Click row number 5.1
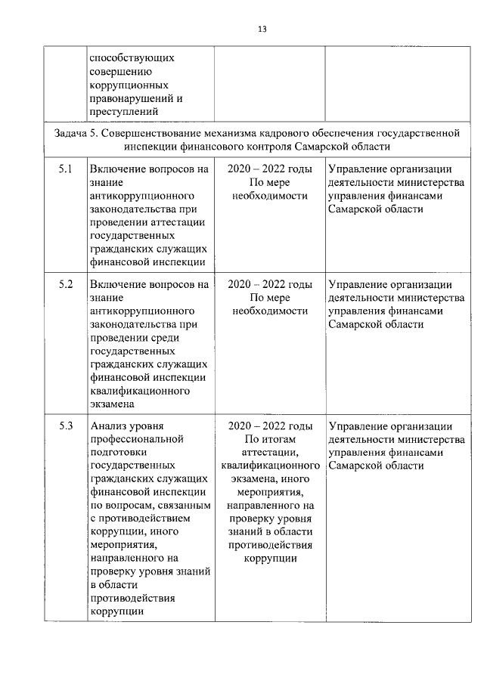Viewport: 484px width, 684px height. coord(65,169)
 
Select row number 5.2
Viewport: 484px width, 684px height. coord(65,285)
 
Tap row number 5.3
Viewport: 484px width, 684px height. coord(65,426)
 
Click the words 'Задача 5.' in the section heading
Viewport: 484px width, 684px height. coord(76,133)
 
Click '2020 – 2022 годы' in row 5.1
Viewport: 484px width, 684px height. coord(269,169)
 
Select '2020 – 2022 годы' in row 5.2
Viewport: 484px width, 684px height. coord(269,285)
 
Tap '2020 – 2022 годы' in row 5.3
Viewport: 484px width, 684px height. coord(269,426)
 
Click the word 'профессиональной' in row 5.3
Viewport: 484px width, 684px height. coord(137,439)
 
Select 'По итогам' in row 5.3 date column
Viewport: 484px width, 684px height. coord(269,439)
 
